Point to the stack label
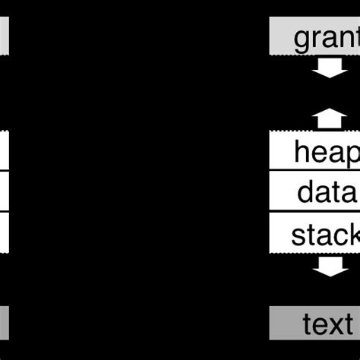coord(325,234)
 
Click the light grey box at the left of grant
coord(5,37)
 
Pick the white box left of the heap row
coord(5,152)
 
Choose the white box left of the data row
coord(5,192)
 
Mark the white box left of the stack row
coord(5,233)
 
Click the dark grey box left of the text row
coord(5,324)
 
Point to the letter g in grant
coord(301,39)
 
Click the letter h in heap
coord(302,152)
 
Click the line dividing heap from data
coord(315,172)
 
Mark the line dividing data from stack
coord(315,213)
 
